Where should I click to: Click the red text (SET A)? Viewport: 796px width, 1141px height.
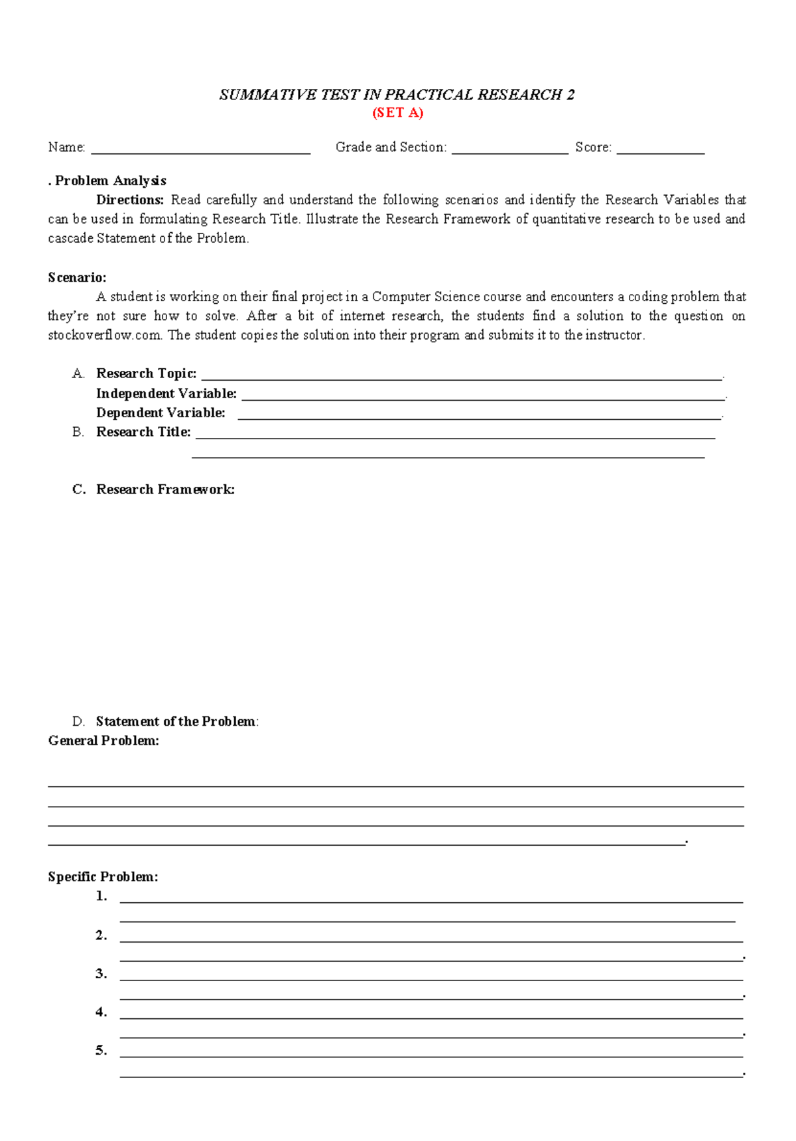(x=397, y=113)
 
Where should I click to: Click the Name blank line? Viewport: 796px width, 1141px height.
(x=200, y=152)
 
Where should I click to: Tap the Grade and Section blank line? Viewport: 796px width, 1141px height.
(x=509, y=152)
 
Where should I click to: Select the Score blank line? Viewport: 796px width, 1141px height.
(x=660, y=152)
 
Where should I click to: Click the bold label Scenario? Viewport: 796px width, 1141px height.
(x=77, y=277)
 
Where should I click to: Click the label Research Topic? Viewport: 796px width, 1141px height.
(x=146, y=373)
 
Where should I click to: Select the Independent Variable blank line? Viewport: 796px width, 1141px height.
(x=483, y=399)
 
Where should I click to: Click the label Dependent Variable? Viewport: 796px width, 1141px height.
(x=161, y=413)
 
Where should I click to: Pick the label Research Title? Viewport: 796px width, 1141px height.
(x=143, y=432)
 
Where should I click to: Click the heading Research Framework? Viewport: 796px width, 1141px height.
(x=165, y=490)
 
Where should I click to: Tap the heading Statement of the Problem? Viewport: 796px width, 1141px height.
(x=176, y=721)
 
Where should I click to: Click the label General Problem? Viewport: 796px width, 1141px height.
(x=103, y=740)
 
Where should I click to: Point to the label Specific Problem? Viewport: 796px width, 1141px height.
(x=103, y=876)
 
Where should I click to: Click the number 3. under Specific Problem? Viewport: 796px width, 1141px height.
(x=101, y=973)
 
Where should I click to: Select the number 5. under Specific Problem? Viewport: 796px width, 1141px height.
(x=101, y=1050)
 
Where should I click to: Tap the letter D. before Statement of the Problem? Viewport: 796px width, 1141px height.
(x=78, y=721)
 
